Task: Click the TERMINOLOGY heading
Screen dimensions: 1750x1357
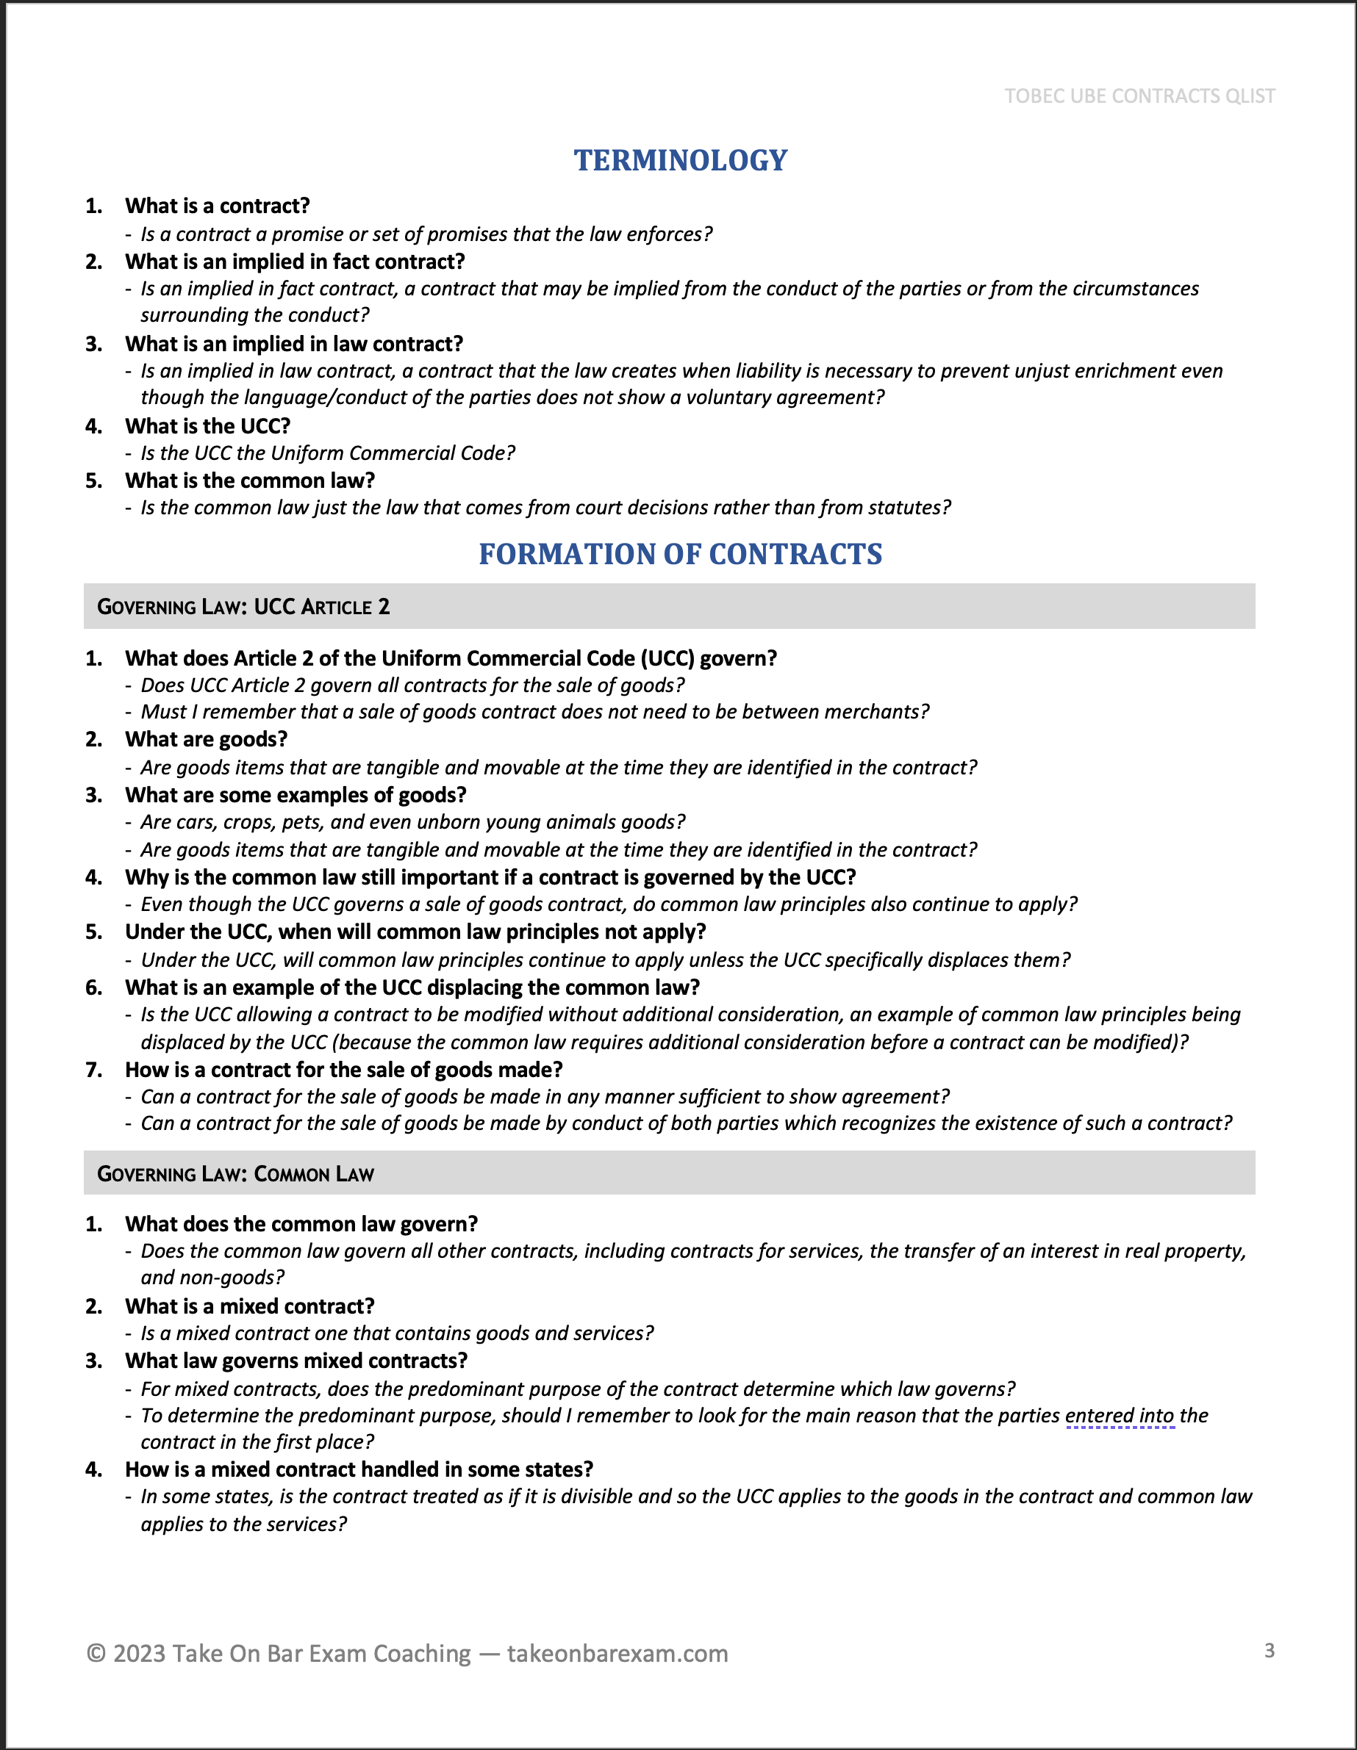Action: click(681, 160)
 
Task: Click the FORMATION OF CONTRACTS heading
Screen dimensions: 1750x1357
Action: click(681, 555)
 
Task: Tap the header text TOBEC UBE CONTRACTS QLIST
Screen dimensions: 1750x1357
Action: click(1139, 96)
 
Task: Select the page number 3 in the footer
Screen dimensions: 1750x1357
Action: click(1269, 1650)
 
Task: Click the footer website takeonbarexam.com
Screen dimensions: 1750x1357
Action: click(617, 1653)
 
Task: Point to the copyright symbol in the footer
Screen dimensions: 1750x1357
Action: click(96, 1653)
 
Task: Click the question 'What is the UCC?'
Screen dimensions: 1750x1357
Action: click(207, 426)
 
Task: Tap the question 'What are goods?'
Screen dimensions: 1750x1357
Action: click(206, 739)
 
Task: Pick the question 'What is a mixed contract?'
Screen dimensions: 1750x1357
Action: click(249, 1306)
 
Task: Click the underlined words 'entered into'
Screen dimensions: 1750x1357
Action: click(1120, 1416)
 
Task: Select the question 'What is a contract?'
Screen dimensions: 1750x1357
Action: click(217, 206)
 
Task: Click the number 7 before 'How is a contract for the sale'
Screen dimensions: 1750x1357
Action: click(94, 1070)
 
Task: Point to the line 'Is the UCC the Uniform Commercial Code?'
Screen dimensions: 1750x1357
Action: click(328, 453)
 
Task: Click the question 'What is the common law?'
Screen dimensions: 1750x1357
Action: click(249, 480)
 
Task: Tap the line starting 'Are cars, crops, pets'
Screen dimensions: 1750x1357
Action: click(413, 822)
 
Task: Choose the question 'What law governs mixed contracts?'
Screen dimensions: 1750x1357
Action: click(296, 1361)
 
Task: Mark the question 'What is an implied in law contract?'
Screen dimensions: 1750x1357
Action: click(294, 344)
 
